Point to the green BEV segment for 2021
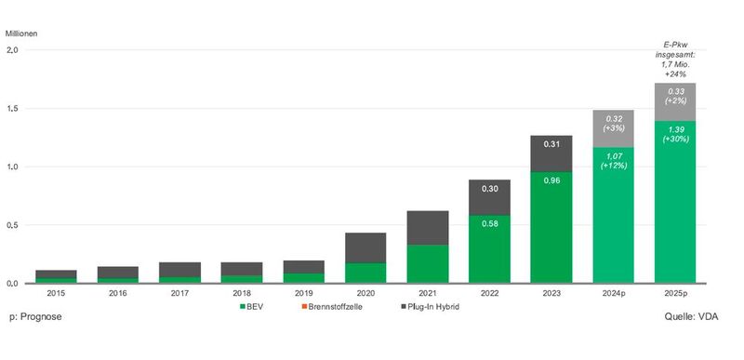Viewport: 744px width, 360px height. point(428,263)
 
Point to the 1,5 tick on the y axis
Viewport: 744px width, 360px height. point(13,109)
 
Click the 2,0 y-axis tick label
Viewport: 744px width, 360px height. point(13,51)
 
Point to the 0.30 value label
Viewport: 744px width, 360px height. point(489,188)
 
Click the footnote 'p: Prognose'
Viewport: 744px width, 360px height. point(33,317)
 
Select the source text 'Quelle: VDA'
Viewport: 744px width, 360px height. point(697,317)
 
